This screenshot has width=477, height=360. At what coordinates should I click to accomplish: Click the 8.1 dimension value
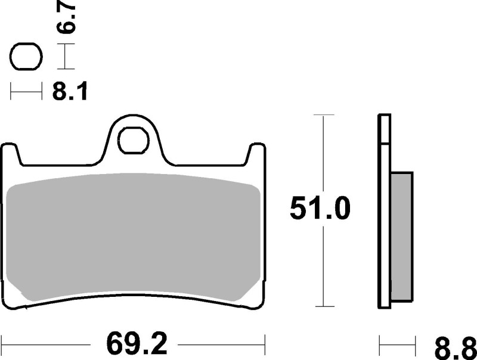(x=69, y=92)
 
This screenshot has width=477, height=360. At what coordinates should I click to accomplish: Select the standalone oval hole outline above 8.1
(x=26, y=58)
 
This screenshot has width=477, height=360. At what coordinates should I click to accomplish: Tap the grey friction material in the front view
(x=134, y=238)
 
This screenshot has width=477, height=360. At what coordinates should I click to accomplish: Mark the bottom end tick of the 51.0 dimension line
(x=323, y=308)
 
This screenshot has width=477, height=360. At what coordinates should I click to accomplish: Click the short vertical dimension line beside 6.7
(x=66, y=58)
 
